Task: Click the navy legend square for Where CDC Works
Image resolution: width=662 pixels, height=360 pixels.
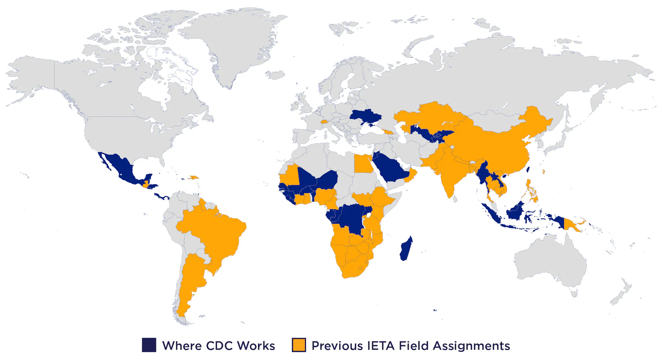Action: (x=149, y=345)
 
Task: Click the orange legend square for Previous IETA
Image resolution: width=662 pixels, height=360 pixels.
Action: (x=299, y=345)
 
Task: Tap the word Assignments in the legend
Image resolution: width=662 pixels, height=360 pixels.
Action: (x=471, y=345)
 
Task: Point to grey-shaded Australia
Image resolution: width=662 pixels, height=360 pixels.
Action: (x=550, y=262)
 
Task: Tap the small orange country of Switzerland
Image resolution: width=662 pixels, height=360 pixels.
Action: (x=324, y=122)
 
